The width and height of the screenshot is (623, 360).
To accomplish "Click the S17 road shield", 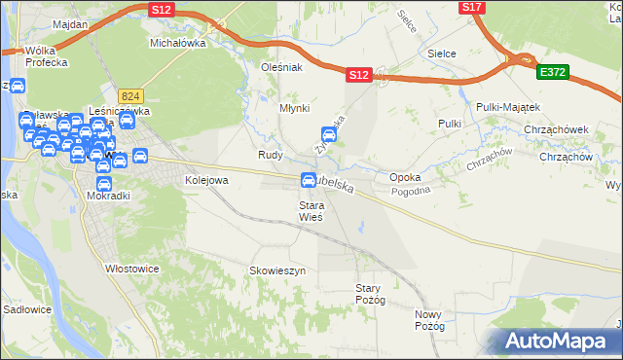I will pos(472,7).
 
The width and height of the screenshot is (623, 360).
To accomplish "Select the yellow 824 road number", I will pos(131,95).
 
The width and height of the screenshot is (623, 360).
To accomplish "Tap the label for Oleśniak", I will pos(283,67).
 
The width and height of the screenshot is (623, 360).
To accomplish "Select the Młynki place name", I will pos(294,109).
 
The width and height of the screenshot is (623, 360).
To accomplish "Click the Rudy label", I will pos(270,155).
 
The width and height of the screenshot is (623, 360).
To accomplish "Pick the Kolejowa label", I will pos(206,180).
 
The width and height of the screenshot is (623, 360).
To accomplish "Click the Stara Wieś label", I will pos(311,211).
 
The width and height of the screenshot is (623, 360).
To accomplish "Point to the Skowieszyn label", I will pos(278,270).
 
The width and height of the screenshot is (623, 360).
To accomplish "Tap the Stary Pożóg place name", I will pos(371,294).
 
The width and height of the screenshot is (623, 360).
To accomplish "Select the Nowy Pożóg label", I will pos(428,321).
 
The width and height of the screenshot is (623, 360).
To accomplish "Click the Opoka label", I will pos(405,178).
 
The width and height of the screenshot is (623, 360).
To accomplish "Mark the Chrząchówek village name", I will pos(565,128).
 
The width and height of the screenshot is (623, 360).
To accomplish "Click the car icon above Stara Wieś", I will pos(309,179).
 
